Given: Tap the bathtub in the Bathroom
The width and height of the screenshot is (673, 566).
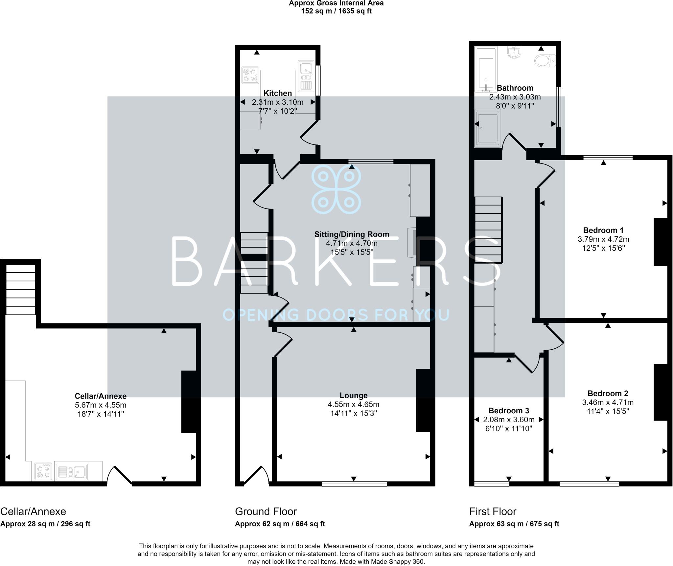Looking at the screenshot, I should pos(486,70).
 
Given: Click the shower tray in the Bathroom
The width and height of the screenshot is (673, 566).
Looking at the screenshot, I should pos(488,128).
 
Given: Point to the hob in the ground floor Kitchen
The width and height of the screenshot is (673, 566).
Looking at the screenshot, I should pos(250,75).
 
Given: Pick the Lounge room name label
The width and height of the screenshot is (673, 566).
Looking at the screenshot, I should pos(354,396).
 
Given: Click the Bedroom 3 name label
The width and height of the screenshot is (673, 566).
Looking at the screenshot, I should pos(508,411).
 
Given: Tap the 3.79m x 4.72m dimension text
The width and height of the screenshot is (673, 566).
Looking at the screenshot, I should pos(603,239).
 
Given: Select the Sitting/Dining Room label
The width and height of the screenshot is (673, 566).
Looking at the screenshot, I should pos(352,234).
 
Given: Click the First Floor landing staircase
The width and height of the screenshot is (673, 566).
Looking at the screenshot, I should pos(488,230).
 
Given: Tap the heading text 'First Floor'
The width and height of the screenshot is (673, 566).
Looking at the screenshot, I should pos(493,512).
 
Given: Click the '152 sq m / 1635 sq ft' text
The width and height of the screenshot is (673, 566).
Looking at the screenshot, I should pos(336,11).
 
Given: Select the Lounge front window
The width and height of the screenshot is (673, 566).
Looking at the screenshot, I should pos(354,484).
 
